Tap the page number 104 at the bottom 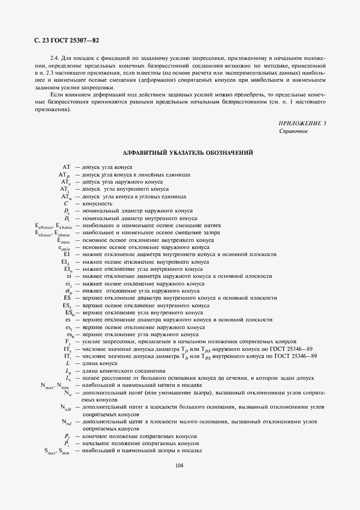180,465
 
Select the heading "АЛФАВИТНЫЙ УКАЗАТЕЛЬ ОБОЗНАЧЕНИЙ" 188,153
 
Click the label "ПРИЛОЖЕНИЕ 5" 302,124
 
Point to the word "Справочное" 294,131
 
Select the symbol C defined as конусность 66,203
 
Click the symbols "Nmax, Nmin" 54,385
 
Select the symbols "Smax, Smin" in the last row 56,451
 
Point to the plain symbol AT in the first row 66,167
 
